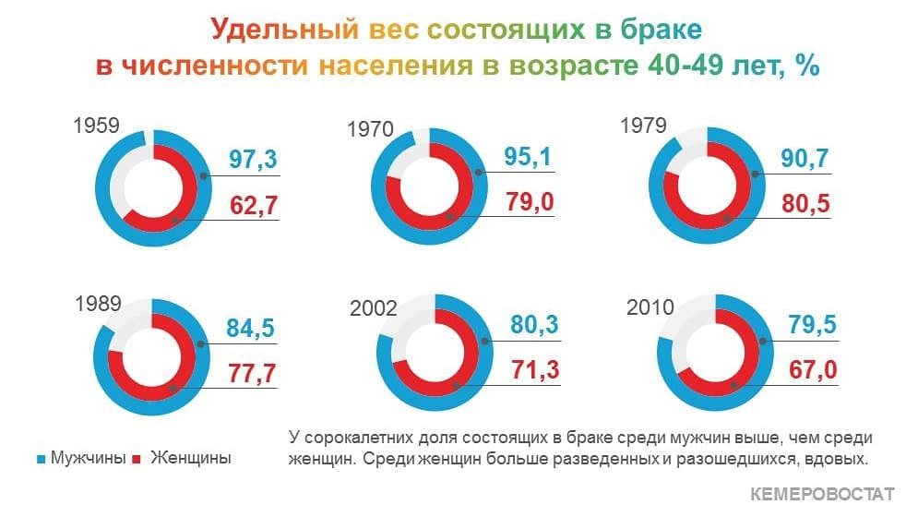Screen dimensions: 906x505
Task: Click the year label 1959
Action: point(97,126)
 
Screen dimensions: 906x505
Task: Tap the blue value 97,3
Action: point(253,159)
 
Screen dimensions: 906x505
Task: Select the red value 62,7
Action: point(254,205)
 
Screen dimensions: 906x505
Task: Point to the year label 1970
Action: point(370,129)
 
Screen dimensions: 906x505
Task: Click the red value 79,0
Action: point(530,202)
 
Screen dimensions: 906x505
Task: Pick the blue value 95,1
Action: point(528,157)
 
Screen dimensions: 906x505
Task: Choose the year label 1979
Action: point(643,126)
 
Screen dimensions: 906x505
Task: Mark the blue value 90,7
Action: point(805,158)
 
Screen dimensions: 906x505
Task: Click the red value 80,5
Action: point(805,204)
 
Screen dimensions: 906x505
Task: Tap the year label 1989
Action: point(98,304)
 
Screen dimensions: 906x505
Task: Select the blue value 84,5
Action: point(250,328)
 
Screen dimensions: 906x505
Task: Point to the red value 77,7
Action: point(252,374)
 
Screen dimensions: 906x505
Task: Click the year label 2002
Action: point(374,308)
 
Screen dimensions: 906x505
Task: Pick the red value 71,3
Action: point(535,370)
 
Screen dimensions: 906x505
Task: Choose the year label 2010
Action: point(650,307)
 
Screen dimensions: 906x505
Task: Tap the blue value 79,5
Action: point(813,325)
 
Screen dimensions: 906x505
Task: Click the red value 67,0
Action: point(813,370)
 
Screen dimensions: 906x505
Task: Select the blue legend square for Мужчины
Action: point(41,460)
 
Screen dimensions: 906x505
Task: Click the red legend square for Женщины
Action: point(137,460)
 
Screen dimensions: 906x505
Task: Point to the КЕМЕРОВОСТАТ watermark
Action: point(822,494)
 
